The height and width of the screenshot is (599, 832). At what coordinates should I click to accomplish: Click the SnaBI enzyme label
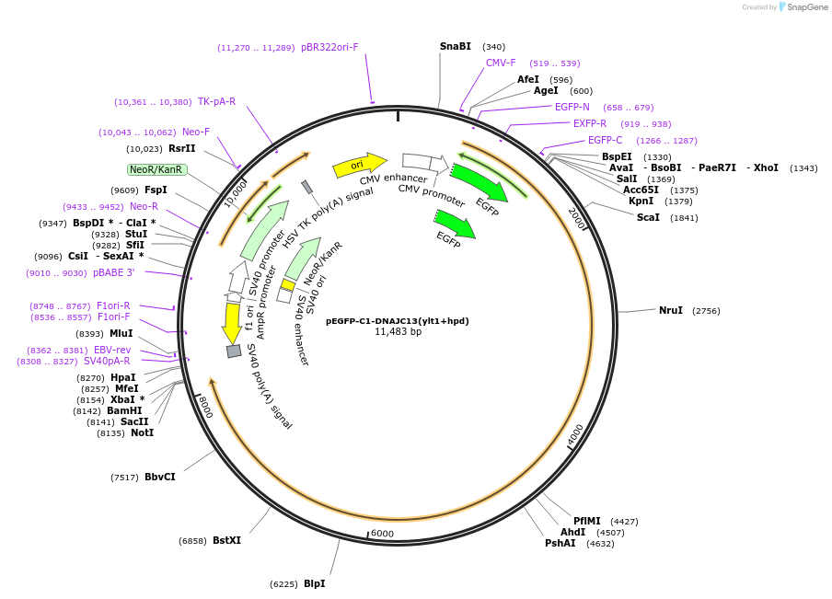click(455, 46)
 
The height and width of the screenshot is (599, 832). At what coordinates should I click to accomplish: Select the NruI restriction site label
click(670, 310)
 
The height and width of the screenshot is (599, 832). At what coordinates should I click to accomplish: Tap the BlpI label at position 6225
click(314, 583)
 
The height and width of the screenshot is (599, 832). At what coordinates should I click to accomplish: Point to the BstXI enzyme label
click(226, 540)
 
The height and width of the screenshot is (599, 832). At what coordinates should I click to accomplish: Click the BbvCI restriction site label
click(159, 477)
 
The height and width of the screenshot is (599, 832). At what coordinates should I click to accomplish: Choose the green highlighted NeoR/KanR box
click(156, 169)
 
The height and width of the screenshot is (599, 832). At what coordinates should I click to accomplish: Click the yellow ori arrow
click(358, 165)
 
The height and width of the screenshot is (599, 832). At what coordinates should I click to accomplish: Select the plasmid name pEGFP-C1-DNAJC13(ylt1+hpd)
click(398, 321)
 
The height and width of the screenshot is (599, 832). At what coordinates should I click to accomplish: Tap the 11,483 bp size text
click(398, 332)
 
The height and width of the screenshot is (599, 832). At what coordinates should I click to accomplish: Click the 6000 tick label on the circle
click(382, 534)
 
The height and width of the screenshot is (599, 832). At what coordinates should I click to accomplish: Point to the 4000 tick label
click(574, 433)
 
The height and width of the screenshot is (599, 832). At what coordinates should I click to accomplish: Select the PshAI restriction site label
click(560, 543)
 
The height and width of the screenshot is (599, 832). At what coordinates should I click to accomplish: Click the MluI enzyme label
click(121, 333)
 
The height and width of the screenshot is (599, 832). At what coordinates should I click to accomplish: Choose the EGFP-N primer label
click(572, 107)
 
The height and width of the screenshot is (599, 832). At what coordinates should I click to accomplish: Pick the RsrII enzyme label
click(181, 148)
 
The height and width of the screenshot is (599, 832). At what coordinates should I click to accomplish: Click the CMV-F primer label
click(501, 63)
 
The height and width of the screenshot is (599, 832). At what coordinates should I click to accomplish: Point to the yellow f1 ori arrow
click(232, 322)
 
